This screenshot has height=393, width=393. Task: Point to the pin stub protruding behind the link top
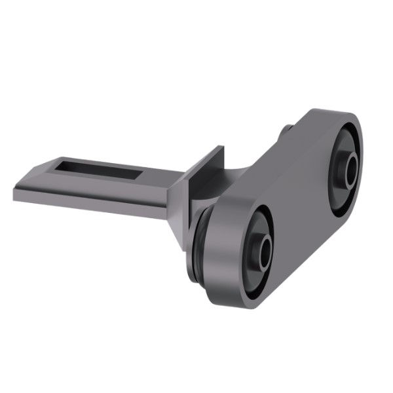(286, 130)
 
